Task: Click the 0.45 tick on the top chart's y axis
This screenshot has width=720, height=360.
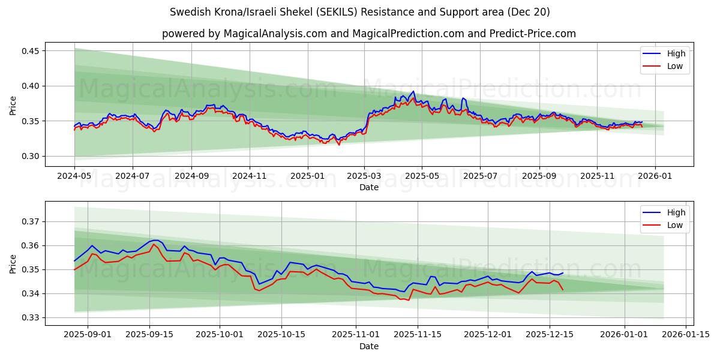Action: (x=31, y=51)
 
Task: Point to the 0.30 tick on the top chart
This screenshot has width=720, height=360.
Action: (x=31, y=156)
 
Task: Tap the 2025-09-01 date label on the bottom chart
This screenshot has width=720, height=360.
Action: (x=88, y=334)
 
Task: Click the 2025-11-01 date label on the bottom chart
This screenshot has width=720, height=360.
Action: (x=357, y=334)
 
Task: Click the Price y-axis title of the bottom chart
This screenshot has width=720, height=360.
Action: (x=13, y=263)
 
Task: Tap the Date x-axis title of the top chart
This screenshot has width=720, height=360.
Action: (x=368, y=187)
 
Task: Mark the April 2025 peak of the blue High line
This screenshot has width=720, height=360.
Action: (x=413, y=91)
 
